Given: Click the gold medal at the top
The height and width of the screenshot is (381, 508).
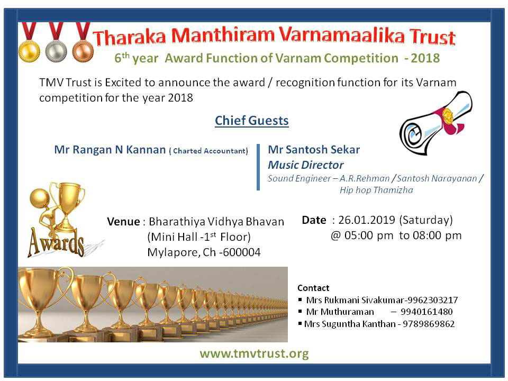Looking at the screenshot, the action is pyautogui.click(x=29, y=51).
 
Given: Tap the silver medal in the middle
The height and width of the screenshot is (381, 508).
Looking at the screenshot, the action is pyautogui.click(x=56, y=51).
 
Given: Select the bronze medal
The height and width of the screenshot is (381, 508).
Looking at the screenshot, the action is pyautogui.click(x=83, y=51).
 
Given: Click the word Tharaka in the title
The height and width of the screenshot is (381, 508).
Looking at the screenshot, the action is pyautogui.click(x=129, y=37).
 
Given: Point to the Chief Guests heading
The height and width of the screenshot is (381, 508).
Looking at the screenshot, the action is pyautogui.click(x=252, y=121).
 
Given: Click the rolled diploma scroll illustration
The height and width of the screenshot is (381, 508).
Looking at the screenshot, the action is pyautogui.click(x=436, y=123).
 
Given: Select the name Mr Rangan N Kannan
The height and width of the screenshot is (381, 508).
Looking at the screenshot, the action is pyautogui.click(x=110, y=150).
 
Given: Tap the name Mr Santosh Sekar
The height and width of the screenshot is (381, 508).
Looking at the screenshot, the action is pyautogui.click(x=314, y=149).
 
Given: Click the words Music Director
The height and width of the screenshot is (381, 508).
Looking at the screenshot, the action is pyautogui.click(x=305, y=165).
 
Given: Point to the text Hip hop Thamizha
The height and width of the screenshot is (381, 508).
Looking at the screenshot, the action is pyautogui.click(x=376, y=190).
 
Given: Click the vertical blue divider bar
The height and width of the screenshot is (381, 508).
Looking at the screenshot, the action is pyautogui.click(x=258, y=167).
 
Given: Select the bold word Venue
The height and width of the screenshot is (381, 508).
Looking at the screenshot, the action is pyautogui.click(x=123, y=222).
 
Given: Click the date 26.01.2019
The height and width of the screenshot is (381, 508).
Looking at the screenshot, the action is pyautogui.click(x=366, y=220).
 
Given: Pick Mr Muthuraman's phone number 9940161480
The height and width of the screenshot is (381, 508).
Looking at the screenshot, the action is pyautogui.click(x=427, y=312).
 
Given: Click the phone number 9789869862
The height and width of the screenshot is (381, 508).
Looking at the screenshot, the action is pyautogui.click(x=429, y=324).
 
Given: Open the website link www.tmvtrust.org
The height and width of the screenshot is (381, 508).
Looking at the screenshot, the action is pyautogui.click(x=254, y=353).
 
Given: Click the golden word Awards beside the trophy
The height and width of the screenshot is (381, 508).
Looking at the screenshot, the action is pyautogui.click(x=56, y=242).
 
